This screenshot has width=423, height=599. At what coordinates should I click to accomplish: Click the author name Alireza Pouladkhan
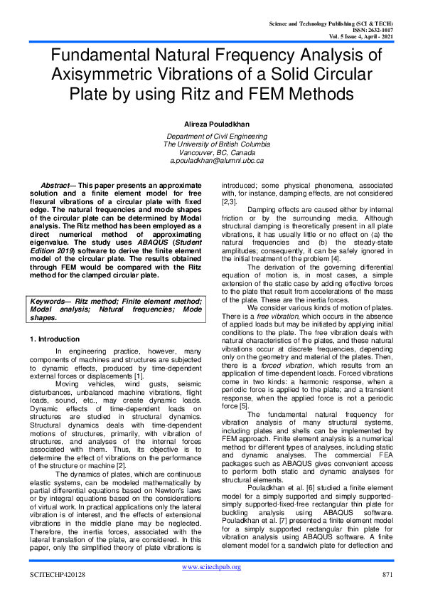coord(211,122)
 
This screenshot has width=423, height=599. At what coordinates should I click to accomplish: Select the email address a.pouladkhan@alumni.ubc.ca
coord(211,161)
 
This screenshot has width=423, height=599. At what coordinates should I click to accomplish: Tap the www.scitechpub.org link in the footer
coord(211,566)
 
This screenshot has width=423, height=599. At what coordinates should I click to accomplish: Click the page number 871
coord(387,574)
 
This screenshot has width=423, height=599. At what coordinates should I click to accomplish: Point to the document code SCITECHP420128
coord(57,574)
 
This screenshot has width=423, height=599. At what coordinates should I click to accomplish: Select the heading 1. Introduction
coord(55,339)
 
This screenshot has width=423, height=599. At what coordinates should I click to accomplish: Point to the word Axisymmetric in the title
coord(100,75)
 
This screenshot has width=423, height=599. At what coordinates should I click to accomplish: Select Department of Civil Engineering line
coord(211,136)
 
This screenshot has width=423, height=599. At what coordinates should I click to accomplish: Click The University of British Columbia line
coord(211,144)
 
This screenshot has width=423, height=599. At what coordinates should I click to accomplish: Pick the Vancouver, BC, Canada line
coord(211,152)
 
